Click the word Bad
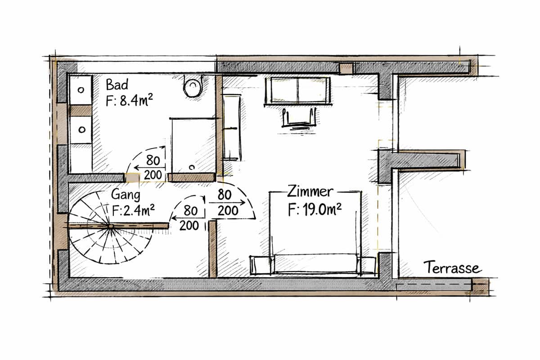(x=117, y=85)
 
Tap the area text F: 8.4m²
(x=130, y=100)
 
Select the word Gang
(x=126, y=195)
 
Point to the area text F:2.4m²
(x=133, y=211)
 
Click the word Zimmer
(x=310, y=192)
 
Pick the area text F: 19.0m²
(x=315, y=209)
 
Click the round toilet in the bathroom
(x=193, y=87)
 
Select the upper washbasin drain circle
(x=81, y=90)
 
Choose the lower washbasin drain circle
(x=82, y=130)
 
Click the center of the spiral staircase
(x=111, y=226)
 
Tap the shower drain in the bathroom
(x=192, y=167)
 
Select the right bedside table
(x=367, y=265)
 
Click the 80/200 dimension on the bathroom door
(x=153, y=167)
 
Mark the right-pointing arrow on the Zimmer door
(x=227, y=202)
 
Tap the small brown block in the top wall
(x=346, y=68)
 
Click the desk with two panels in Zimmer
(x=298, y=91)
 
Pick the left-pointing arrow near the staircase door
(x=188, y=218)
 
